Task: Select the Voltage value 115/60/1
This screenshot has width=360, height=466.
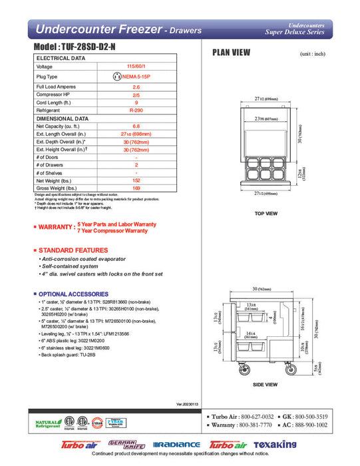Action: click(136, 67)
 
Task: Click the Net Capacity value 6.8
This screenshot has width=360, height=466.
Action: click(136, 126)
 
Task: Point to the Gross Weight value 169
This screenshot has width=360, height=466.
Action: click(136, 188)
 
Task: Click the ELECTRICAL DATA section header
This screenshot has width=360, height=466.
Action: click(61, 59)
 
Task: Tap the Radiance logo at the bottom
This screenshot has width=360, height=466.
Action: click(176, 445)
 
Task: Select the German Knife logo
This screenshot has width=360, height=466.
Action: click(128, 445)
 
